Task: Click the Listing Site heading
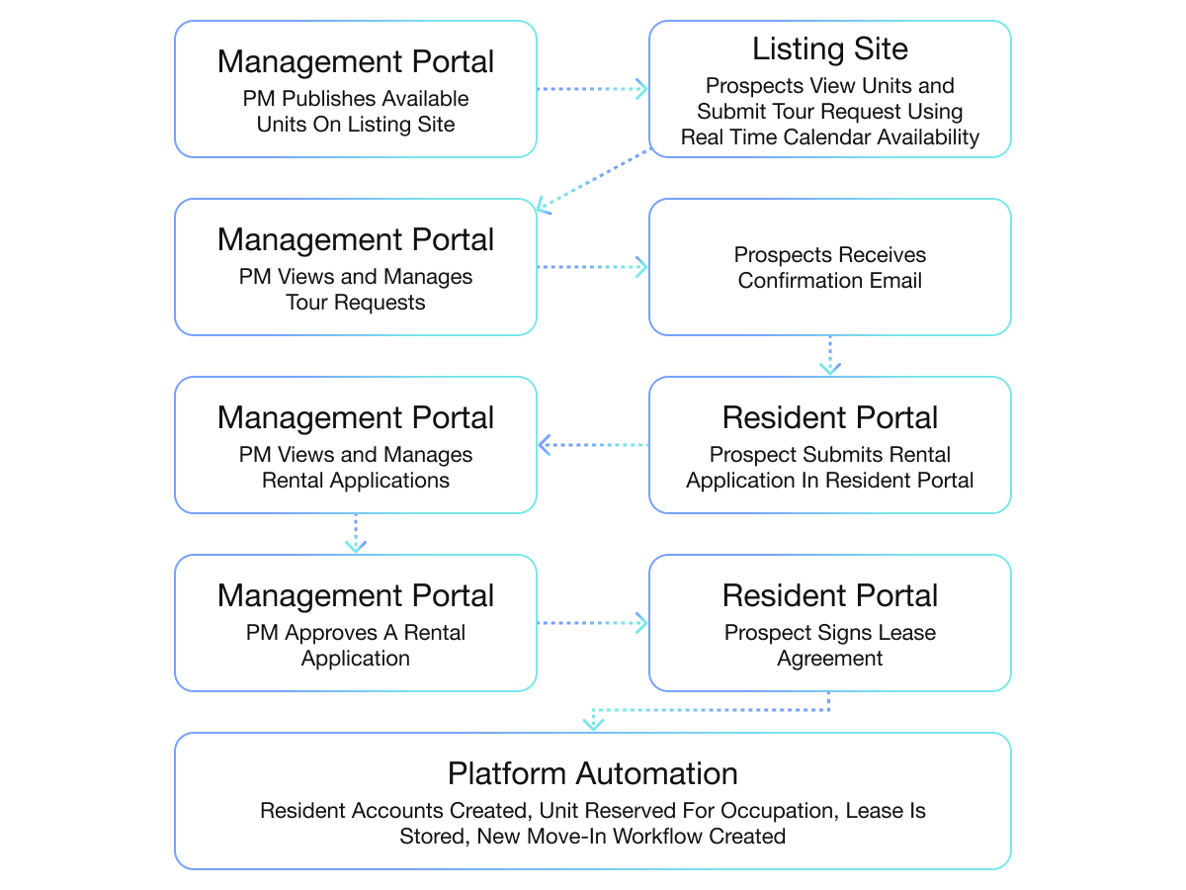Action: tap(829, 48)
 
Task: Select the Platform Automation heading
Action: tap(592, 773)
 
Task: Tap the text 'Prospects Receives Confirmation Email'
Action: tap(829, 268)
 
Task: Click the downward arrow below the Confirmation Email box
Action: tap(830, 357)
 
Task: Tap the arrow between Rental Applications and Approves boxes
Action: tap(356, 534)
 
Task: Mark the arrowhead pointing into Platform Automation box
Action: tap(593, 724)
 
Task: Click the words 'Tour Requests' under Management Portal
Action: tap(356, 303)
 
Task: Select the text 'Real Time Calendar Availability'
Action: tap(829, 137)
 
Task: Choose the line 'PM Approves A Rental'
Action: tap(356, 633)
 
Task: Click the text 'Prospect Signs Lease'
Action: tap(829, 633)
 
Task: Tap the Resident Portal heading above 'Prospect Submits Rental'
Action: tap(829, 417)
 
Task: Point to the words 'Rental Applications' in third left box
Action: tap(356, 481)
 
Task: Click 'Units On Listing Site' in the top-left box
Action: tap(356, 125)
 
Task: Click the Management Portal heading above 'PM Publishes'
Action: tap(356, 61)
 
